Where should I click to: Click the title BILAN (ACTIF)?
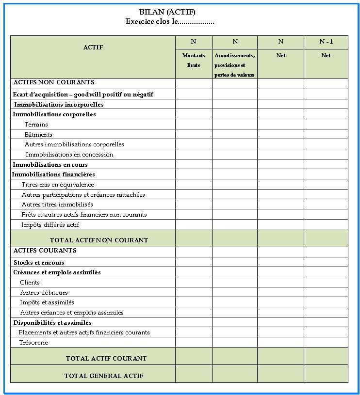coord(167,13)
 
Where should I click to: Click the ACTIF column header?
coord(93,47)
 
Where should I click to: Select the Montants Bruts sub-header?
coord(194,60)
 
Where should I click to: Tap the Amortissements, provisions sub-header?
coord(234,65)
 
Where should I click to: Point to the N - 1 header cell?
coord(326,42)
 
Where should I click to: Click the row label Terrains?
coord(36,125)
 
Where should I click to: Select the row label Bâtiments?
coord(38,135)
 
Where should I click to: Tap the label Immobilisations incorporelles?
coord(59,104)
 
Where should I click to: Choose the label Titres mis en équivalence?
coord(58,185)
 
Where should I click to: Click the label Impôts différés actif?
coord(50,225)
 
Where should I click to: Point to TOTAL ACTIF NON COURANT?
coord(99,240)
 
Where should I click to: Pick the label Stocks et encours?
coord(39,262)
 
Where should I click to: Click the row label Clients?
coord(30,283)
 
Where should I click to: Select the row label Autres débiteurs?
coord(44,293)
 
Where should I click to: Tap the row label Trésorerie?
coord(33,343)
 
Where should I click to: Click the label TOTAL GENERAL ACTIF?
coord(104,376)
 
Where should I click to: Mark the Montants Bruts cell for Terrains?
coord(194,125)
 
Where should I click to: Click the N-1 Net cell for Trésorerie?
coord(326,343)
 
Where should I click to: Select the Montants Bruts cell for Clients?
coord(194,283)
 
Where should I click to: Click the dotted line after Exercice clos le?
coord(196,22)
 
